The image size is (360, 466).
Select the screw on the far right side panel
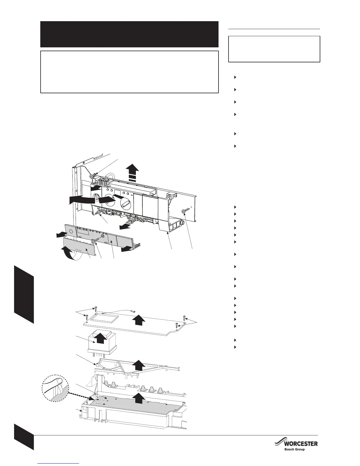[185, 211]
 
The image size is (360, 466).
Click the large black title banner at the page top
[129, 34]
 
